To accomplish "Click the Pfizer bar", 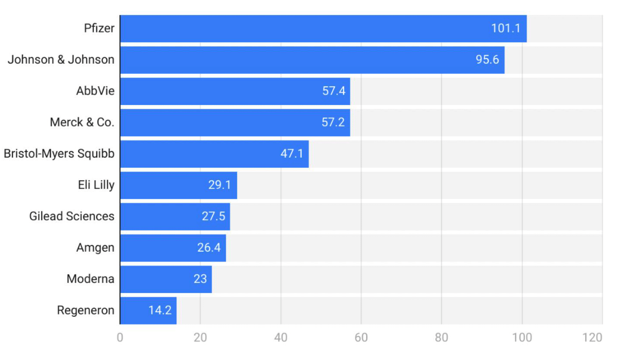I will [x=323, y=28].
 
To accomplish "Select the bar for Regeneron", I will [x=148, y=310].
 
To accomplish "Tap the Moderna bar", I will [x=166, y=279].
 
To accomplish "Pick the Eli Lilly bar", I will [x=178, y=185].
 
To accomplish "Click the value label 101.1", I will [x=505, y=28].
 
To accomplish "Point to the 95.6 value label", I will [x=487, y=60].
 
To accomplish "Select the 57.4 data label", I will [x=334, y=91].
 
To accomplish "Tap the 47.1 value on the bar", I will [x=292, y=154].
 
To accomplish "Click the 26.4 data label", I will [x=209, y=248].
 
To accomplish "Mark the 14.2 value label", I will [x=160, y=310].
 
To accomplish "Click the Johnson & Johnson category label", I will [x=61, y=60].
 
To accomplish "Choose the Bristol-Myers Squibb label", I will [x=59, y=154].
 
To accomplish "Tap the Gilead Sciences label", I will [x=72, y=216].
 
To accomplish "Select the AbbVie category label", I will [x=95, y=91].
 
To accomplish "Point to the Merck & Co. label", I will [x=82, y=122].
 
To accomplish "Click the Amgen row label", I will [x=95, y=248].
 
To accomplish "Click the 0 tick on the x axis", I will [x=120, y=337].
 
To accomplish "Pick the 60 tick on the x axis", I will [x=361, y=337].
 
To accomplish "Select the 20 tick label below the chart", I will [x=200, y=337].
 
